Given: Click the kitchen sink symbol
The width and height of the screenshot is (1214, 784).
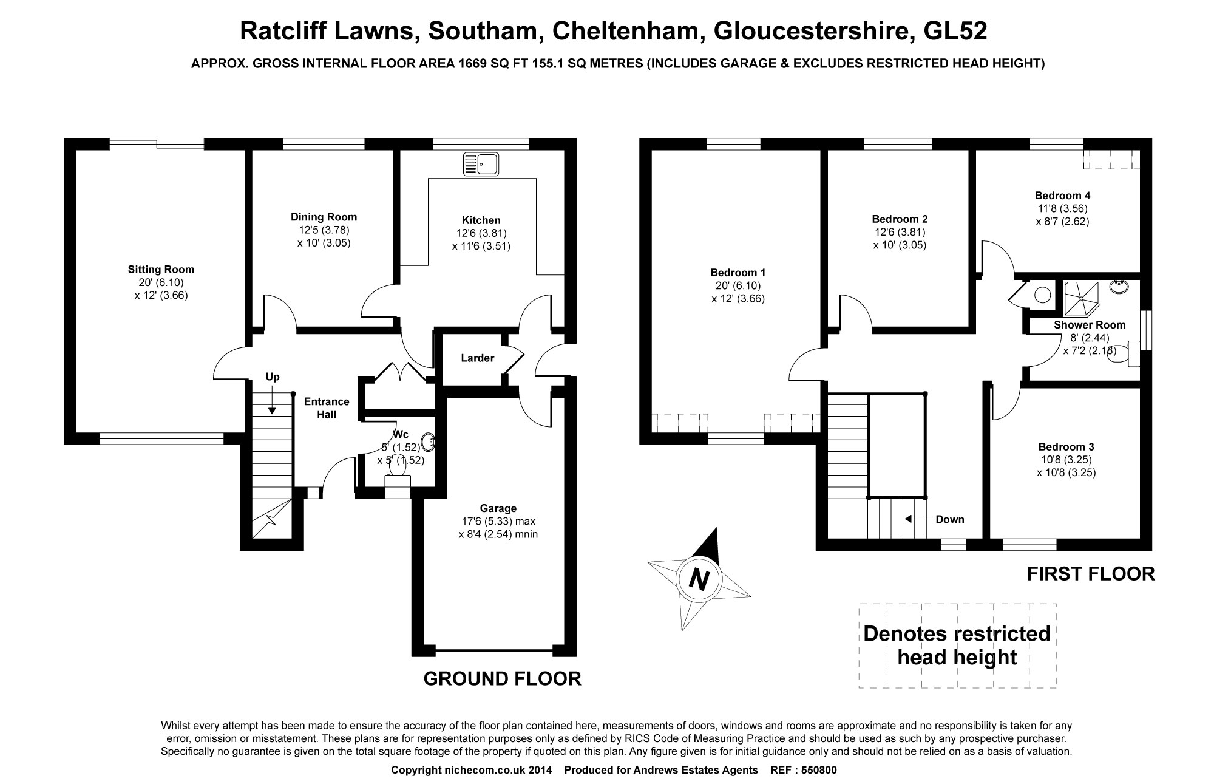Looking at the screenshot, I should click(x=481, y=164).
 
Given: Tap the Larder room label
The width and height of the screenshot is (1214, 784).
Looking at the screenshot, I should click(x=477, y=358).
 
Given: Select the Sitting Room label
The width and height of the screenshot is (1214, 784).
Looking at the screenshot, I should click(x=161, y=270).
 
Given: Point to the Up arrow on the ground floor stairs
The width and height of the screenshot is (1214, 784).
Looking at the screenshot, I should click(x=272, y=401).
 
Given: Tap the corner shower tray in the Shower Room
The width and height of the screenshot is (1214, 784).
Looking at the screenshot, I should click(x=1082, y=299).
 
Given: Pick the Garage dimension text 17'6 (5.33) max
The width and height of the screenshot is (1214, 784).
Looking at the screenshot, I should click(x=498, y=522).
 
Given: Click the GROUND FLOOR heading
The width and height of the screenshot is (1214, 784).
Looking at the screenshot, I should click(x=502, y=679).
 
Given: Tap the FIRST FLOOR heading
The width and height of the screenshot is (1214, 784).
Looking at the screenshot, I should click(x=1091, y=574).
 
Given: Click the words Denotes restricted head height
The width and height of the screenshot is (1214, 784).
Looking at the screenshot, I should click(x=957, y=645).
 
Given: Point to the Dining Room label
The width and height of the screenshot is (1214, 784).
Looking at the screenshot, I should click(x=324, y=217).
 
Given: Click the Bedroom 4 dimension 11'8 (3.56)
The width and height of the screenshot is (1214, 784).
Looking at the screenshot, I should click(x=1062, y=209).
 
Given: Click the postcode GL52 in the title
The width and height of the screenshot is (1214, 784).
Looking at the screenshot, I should click(x=955, y=32).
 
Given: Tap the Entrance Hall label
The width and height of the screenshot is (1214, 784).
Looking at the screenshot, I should click(x=327, y=408).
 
